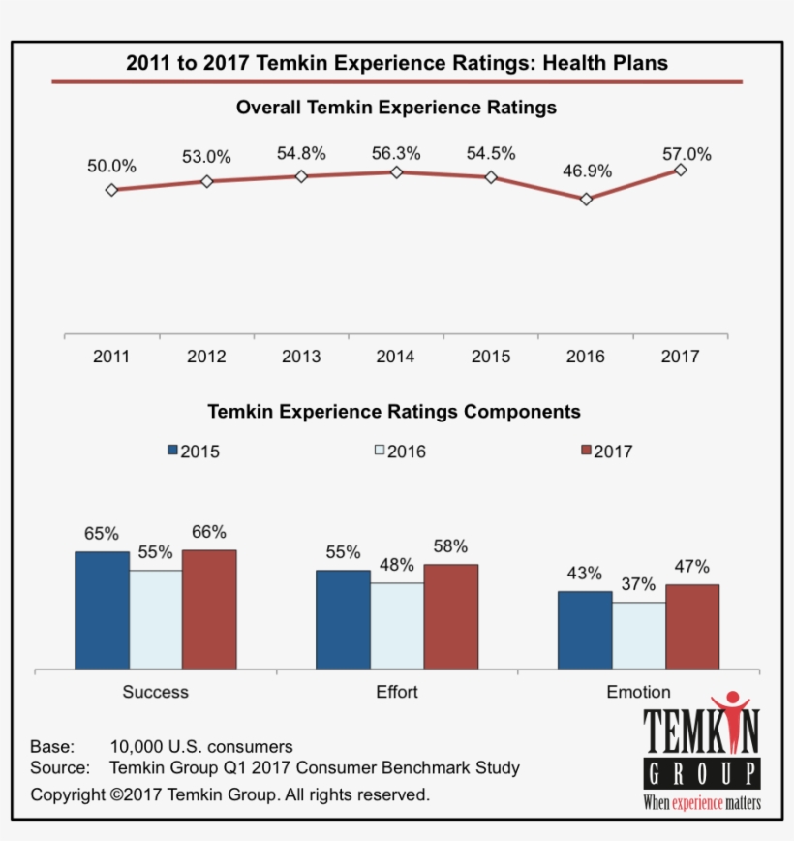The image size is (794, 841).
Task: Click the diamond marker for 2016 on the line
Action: point(586,199)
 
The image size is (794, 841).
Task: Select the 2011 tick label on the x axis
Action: point(111,357)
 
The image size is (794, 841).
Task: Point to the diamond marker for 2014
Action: point(396,171)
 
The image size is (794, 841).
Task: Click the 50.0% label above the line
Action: point(111,166)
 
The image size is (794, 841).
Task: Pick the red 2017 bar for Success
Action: point(209,608)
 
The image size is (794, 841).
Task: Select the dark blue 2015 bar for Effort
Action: point(343,619)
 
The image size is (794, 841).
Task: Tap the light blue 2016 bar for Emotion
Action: point(638,635)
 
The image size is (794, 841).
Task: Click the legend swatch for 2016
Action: point(380,451)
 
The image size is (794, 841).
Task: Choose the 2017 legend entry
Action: point(605,451)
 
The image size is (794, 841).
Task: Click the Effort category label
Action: point(397,692)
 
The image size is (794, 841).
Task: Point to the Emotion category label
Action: point(638,692)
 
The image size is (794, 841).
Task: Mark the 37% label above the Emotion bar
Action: point(638,585)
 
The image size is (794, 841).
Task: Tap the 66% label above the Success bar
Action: point(209,532)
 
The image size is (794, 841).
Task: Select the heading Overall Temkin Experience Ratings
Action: point(396,108)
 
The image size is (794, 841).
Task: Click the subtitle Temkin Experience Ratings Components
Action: point(394,412)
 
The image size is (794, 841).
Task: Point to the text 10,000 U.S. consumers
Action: point(201,747)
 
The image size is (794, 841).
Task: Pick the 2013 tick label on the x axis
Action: point(301,357)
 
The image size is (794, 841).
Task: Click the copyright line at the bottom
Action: point(229,794)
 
